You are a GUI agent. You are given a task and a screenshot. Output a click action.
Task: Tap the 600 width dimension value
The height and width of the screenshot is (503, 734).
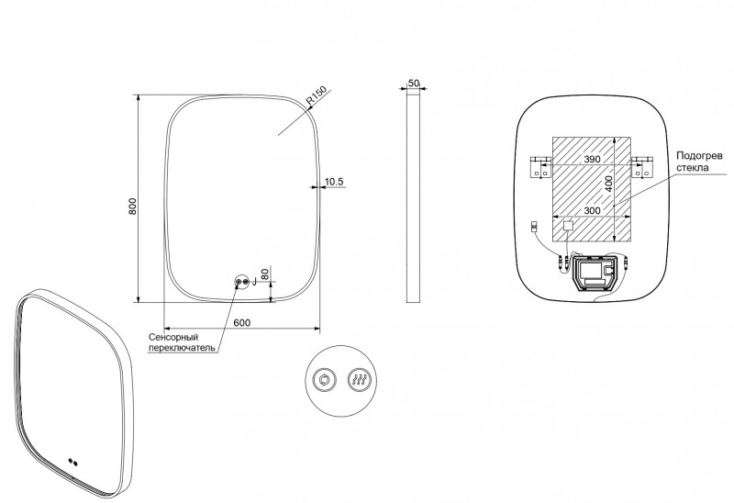tap(242, 322)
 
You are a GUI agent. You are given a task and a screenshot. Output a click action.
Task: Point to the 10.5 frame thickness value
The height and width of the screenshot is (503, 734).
tap(334, 183)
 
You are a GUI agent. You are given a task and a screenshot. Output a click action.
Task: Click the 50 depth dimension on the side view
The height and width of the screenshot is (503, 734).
tap(414, 83)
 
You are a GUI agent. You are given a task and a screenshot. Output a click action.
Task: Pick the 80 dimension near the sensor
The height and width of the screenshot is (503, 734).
tap(265, 274)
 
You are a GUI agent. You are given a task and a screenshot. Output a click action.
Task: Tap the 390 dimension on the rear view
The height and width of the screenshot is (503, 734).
tap(592, 160)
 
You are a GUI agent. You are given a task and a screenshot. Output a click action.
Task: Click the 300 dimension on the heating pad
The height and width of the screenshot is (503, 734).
tap(592, 210)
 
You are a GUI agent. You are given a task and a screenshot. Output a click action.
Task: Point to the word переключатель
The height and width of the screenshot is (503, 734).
tap(182, 349)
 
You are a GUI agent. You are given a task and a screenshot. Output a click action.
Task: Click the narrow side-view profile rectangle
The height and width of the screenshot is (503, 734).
tap(414, 196)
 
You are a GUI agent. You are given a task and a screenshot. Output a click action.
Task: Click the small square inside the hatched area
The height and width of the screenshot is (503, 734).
tap(568, 225)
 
